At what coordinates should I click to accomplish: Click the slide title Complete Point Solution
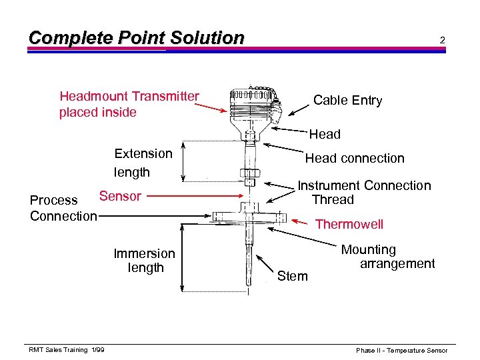pyautogui.click(x=136, y=38)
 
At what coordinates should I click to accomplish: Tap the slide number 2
pyautogui.click(x=441, y=41)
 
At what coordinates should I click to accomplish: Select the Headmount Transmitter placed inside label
pyautogui.click(x=129, y=105)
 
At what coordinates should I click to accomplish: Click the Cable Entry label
pyautogui.click(x=347, y=101)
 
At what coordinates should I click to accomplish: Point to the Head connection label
pyautogui.click(x=354, y=158)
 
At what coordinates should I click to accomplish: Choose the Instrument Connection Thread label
pyautogui.click(x=364, y=193)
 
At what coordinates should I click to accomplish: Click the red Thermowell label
pyautogui.click(x=349, y=224)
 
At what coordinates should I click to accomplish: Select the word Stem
pyautogui.click(x=292, y=276)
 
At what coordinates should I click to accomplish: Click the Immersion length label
pyautogui.click(x=144, y=261)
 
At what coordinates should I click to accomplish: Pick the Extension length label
pyautogui.click(x=143, y=163)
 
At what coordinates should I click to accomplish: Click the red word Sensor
pyautogui.click(x=120, y=196)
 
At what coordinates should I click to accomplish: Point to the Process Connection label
pyautogui.click(x=63, y=208)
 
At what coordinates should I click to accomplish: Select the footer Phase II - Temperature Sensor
pyautogui.click(x=401, y=350)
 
